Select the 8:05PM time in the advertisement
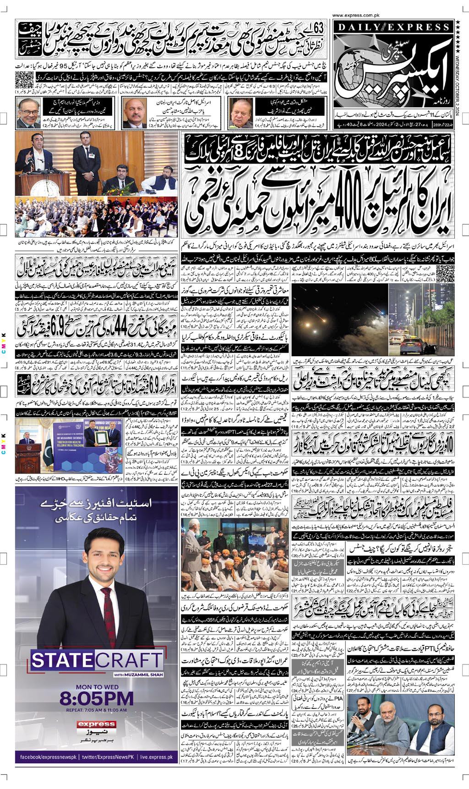(x=97, y=699)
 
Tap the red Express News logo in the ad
(x=96, y=724)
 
